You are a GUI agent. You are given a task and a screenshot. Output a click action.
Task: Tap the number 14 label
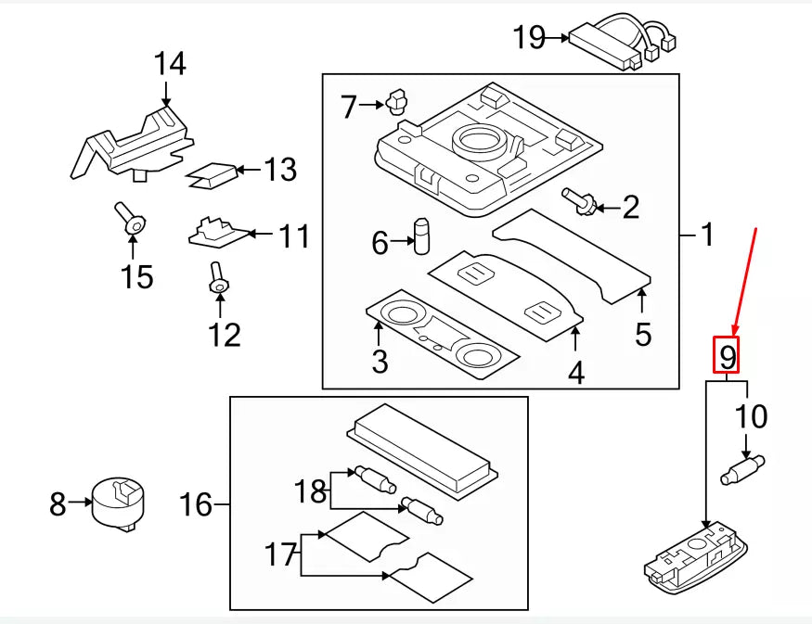coord(170,64)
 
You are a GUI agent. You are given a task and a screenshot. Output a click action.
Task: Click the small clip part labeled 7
coord(397,101)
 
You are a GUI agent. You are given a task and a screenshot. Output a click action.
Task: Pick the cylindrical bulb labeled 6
coord(423,236)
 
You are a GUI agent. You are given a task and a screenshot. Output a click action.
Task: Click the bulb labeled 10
coord(741,468)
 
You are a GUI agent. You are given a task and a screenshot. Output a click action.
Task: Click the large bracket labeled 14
coord(135,142)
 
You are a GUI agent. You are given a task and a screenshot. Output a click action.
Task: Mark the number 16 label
coord(196,505)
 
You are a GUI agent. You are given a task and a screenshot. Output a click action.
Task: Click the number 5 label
coord(643,334)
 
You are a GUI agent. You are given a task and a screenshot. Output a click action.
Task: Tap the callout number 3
coord(380,362)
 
